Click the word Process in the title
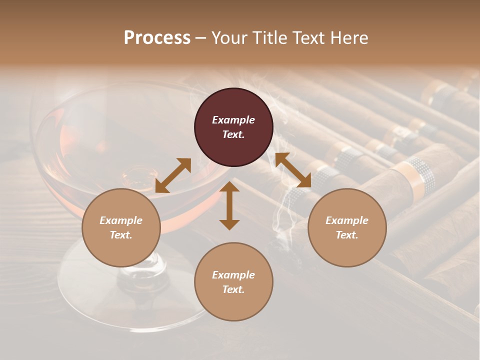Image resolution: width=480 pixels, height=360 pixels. coord(157,38)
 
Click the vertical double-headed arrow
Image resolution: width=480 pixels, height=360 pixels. coord(229,206)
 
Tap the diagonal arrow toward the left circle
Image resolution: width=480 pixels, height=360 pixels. coord(173,175)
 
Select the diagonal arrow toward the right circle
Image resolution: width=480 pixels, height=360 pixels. coord(293,170)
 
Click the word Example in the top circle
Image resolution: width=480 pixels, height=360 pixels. coord(233,120)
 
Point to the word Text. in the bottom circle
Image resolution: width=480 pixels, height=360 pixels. coord(233,289)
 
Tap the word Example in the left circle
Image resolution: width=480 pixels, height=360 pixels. coord(121,220)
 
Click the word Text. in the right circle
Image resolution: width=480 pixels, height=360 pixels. coord(347,235)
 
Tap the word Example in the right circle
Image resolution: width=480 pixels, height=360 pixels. coord(347,220)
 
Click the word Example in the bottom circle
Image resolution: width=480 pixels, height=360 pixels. coord(233,275)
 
